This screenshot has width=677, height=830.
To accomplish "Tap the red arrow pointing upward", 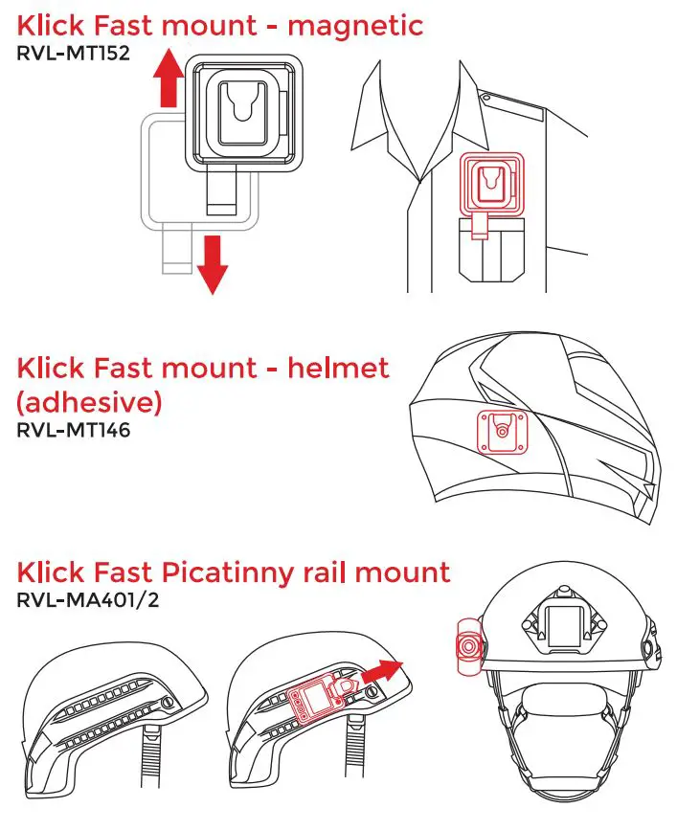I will (169, 79).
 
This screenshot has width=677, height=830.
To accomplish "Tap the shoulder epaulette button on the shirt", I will (487, 97).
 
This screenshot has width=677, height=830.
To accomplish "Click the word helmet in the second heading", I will (336, 368).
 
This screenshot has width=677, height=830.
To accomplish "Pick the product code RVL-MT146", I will (73, 430).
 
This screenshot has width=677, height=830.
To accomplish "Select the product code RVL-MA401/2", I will (86, 602).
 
